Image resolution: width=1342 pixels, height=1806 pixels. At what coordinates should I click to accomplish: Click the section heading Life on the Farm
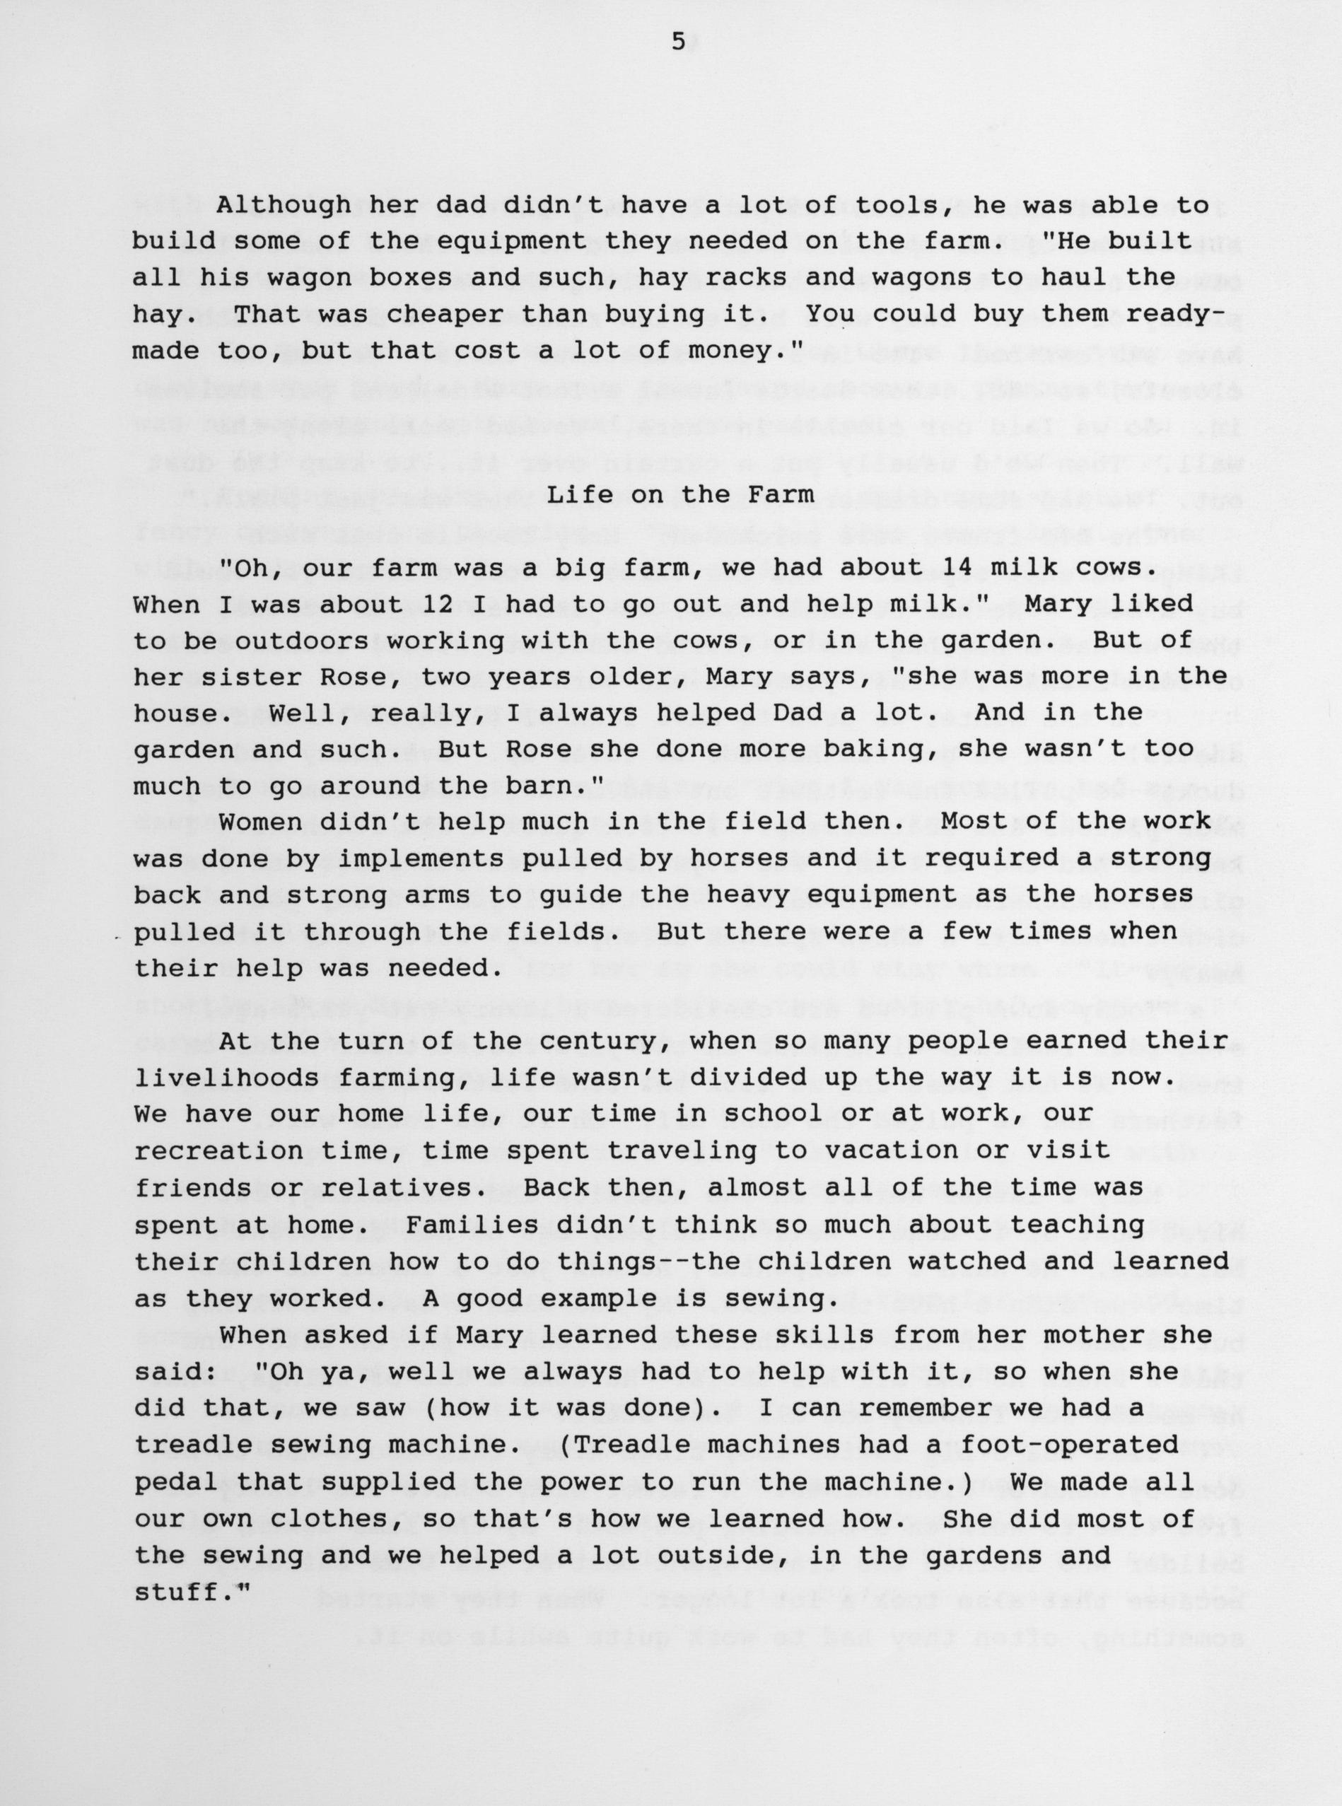click(x=681, y=495)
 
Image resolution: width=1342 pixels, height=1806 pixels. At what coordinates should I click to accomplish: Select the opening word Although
click(x=284, y=206)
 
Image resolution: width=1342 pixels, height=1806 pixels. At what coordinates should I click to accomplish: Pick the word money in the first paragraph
click(x=741, y=351)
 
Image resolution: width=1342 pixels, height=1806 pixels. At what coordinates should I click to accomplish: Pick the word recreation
click(x=218, y=1150)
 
